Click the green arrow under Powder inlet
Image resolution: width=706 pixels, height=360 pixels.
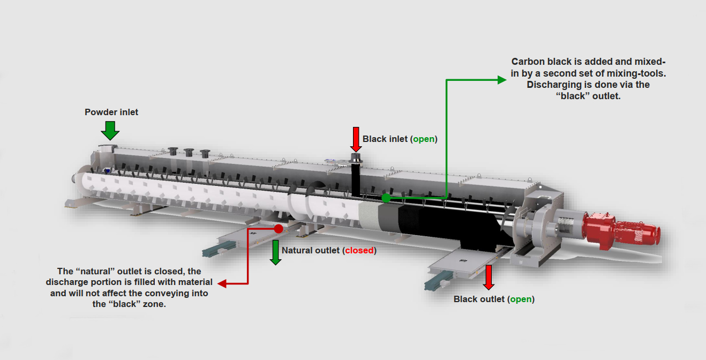[110, 130]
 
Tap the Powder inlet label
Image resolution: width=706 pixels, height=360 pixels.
[111, 112]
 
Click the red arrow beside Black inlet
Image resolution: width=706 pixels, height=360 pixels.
[355, 139]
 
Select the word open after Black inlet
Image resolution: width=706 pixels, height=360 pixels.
[424, 139]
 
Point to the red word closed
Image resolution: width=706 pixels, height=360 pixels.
[359, 250]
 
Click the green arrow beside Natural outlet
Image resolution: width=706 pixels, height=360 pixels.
[275, 252]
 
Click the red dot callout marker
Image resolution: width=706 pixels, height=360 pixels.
[279, 229]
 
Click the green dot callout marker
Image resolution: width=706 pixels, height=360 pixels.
[386, 198]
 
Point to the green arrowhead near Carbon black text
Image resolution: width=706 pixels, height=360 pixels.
[501, 80]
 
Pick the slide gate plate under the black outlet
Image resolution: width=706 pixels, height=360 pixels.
[457, 265]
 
